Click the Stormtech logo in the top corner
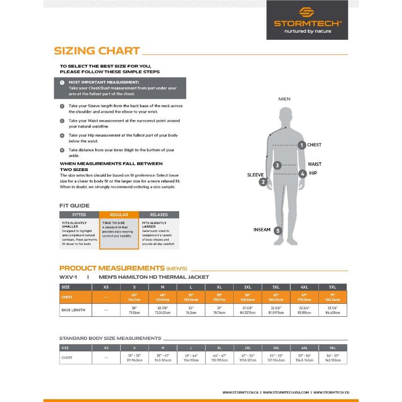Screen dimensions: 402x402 pyautogui.click(x=307, y=20)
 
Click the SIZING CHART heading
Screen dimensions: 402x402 pyautogui.click(x=97, y=51)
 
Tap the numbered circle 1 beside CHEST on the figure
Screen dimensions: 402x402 pyautogui.click(x=302, y=145)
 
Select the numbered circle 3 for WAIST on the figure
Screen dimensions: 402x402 pyautogui.click(x=278, y=166)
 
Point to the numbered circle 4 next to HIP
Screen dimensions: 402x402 pyautogui.click(x=303, y=174)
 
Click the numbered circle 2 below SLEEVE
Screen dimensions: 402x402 pyautogui.click(x=263, y=182)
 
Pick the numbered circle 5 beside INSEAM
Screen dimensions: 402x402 pyautogui.click(x=278, y=231)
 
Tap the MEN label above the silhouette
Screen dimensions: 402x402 pyautogui.click(x=285, y=99)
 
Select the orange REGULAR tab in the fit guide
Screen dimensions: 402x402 pyautogui.click(x=119, y=214)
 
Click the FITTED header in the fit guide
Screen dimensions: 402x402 pyautogui.click(x=79, y=214)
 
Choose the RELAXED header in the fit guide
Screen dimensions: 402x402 pyautogui.click(x=159, y=214)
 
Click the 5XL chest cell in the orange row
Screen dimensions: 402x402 pyautogui.click(x=332, y=297)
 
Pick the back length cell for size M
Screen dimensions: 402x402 pyautogui.click(x=163, y=310)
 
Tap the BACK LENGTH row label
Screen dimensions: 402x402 pyautogui.click(x=74, y=310)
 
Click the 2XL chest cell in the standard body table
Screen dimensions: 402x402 pyautogui.click(x=248, y=358)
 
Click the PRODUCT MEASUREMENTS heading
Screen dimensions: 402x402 pyautogui.click(x=111, y=268)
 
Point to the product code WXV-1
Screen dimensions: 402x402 pyautogui.click(x=68, y=277)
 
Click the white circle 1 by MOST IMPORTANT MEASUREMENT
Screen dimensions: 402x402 pyautogui.click(x=62, y=83)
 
